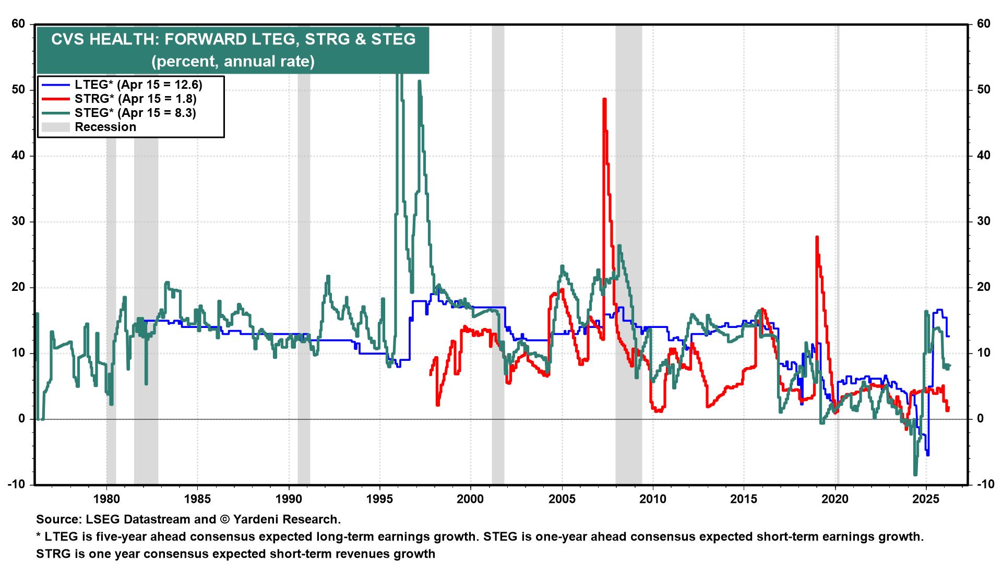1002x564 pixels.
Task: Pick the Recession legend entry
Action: tap(105, 127)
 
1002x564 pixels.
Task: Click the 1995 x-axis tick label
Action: tap(380, 498)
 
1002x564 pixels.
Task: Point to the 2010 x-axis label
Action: tap(653, 498)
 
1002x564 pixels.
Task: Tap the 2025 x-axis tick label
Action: tap(926, 498)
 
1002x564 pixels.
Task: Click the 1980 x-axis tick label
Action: tap(106, 498)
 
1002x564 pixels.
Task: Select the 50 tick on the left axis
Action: tap(19, 90)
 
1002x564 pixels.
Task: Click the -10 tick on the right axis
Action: tap(983, 485)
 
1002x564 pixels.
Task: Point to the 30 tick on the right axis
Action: tap(983, 221)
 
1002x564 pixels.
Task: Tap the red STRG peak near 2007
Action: tap(604, 99)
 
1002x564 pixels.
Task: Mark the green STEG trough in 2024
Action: tap(915, 474)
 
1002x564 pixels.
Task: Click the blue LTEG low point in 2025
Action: tap(927, 454)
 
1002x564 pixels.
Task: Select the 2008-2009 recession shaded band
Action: tap(628, 261)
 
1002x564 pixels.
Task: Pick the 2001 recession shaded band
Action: tap(498, 261)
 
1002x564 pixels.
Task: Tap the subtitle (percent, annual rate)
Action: tap(233, 62)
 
